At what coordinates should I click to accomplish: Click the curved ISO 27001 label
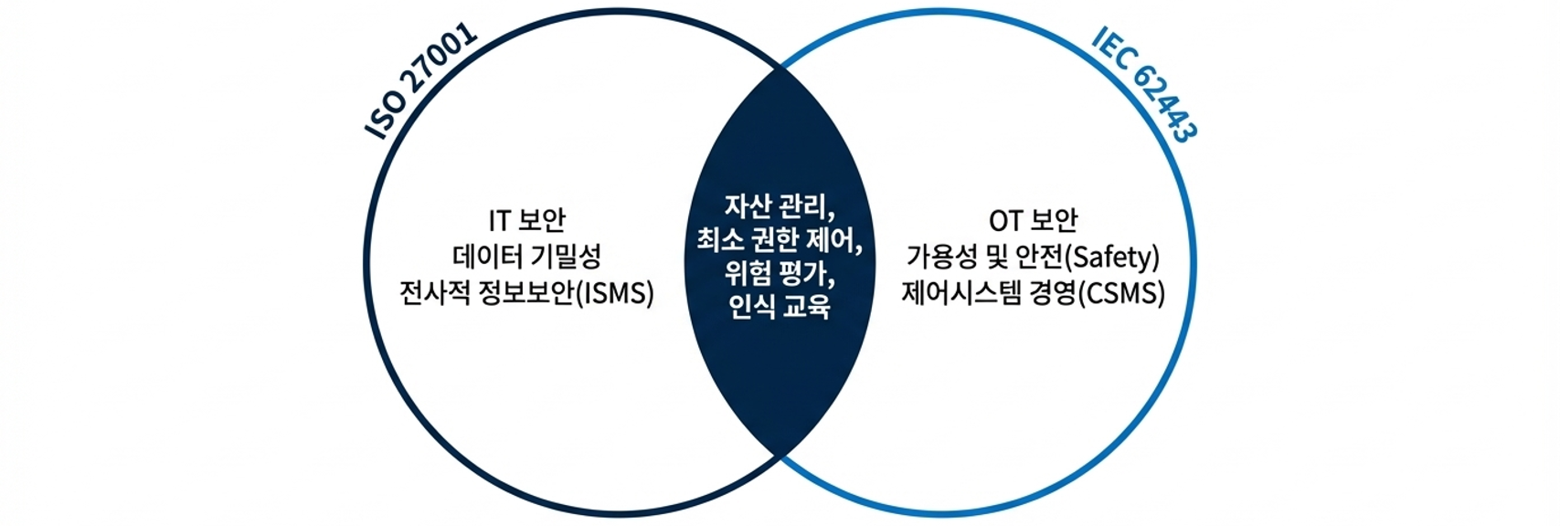pyautogui.click(x=421, y=81)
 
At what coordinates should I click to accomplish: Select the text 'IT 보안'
pyautogui.click(x=527, y=220)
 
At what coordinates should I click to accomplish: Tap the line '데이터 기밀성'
pyautogui.click(x=527, y=257)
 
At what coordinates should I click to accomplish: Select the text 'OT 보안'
pyautogui.click(x=1034, y=220)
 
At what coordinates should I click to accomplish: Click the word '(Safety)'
pyautogui.click(x=1114, y=257)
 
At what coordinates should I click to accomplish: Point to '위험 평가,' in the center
pyautogui.click(x=780, y=273)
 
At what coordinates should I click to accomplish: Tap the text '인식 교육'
pyautogui.click(x=780, y=307)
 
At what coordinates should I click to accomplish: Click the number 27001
pyautogui.click(x=442, y=63)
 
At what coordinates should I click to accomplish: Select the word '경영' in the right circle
pyautogui.click(x=1051, y=294)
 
